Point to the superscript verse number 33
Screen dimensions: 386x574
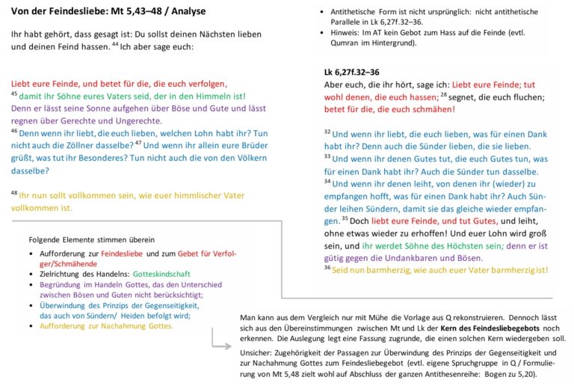[x=327, y=156]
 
